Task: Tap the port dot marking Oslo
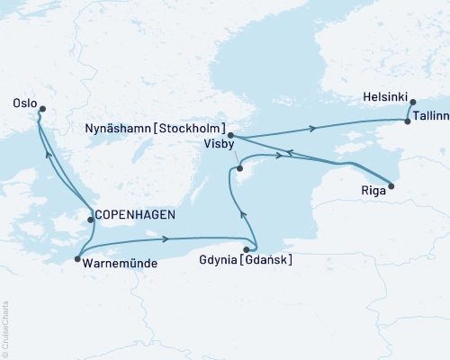pos(40,109)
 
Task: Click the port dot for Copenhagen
pos(89,219)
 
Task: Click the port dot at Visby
pos(238,168)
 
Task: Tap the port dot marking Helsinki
pos(413,103)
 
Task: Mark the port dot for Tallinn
pos(408,121)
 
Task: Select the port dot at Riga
pos(391,186)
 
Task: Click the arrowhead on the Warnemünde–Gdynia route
pos(167,239)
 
